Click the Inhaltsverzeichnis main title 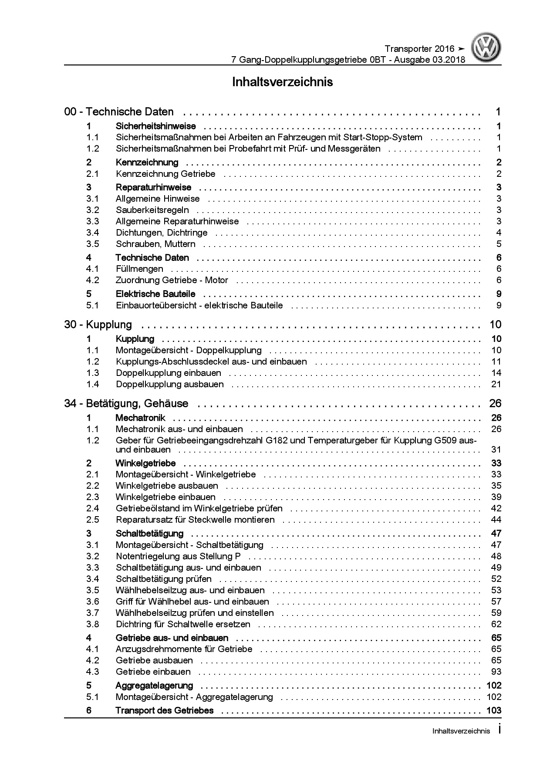pos(283,82)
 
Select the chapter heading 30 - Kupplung pos(98,325)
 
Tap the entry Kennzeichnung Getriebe pos(165,174)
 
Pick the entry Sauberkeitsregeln pos(152,210)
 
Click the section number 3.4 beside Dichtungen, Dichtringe pos(93,233)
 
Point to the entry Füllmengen pos(139,269)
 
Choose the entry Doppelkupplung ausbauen pos(170,384)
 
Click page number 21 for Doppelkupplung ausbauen pos(496,384)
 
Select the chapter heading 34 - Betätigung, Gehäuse pos(126,403)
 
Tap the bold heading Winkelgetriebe pos(145,463)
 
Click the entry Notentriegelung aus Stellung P pos(178,556)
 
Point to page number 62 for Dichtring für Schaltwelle pos(496,624)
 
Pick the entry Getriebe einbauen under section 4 pos(153,672)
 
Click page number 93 pos(496,672)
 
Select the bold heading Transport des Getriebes pos(165,710)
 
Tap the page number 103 pos(493,710)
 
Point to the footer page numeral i pos(499,730)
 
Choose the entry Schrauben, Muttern pos(155,244)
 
